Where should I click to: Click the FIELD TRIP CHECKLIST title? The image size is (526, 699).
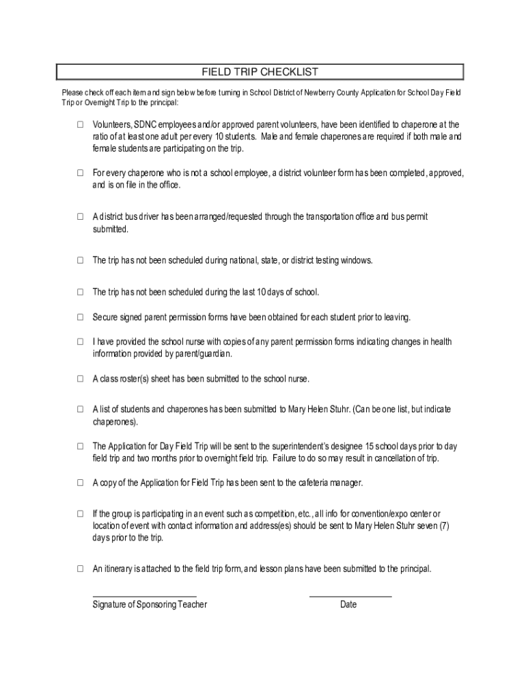[260, 72]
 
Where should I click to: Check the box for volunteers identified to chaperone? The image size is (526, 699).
[80, 125]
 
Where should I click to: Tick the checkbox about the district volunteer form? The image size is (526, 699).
[80, 173]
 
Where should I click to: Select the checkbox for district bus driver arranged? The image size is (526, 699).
[80, 217]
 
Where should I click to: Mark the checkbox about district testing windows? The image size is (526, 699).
[80, 261]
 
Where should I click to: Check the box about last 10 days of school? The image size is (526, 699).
[80, 292]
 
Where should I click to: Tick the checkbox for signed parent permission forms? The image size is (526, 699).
[80, 317]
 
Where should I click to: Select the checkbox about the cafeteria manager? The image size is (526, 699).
[80, 483]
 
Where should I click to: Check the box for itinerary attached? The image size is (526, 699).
[80, 568]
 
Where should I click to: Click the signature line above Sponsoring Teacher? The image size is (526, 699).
[144, 597]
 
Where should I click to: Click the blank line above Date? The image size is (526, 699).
[350, 597]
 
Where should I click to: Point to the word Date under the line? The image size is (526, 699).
[348, 605]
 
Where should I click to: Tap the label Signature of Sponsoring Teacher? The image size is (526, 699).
[150, 605]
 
